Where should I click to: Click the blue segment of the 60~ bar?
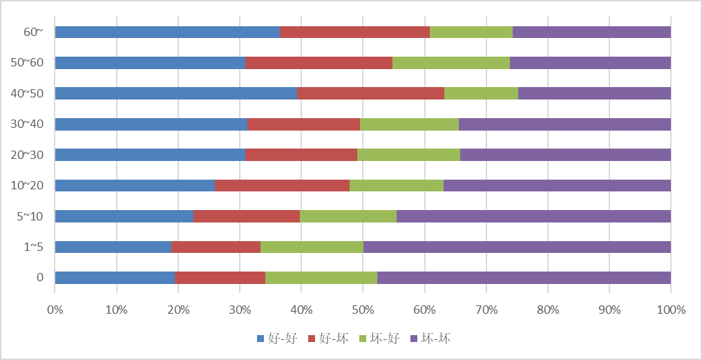tap(167, 32)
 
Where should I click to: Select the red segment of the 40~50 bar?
tap(370, 93)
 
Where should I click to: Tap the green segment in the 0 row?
tap(321, 278)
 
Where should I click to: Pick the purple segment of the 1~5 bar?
tap(517, 247)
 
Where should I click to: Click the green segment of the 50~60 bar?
tap(450, 63)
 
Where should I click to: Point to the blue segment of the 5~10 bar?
tap(124, 216)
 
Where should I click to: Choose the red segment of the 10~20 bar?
tap(282, 185)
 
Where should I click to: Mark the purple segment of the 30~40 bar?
tap(565, 124)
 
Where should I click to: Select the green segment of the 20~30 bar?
tap(408, 155)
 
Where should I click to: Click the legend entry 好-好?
tap(278, 339)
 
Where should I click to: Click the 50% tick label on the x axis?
tap(363, 310)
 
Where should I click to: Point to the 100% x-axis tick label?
tap(670, 310)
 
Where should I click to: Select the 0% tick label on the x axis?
tap(55, 310)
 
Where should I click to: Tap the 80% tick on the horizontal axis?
tap(547, 310)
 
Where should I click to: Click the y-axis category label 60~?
tap(33, 32)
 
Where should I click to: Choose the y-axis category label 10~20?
tap(28, 185)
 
